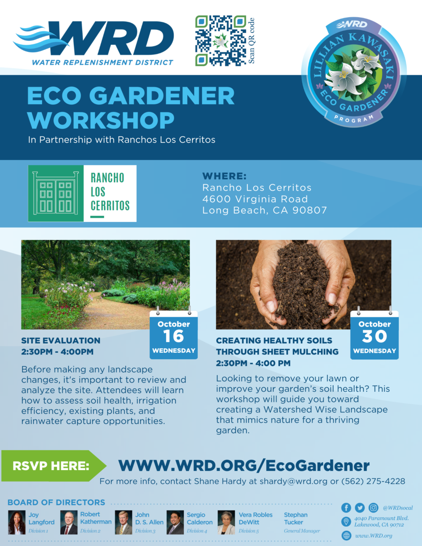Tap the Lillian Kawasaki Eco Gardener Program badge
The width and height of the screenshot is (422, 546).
pos(354,72)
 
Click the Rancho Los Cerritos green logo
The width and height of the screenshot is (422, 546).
pos(82,193)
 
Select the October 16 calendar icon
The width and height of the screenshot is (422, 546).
pos(174,333)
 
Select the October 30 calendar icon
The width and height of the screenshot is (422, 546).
pos(375,333)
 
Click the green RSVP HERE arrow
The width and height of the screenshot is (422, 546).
pos(54,466)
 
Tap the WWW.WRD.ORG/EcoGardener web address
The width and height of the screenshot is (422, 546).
pos(244,465)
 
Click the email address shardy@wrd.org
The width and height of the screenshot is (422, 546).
pos(293,481)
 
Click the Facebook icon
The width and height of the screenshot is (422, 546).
pos(346,508)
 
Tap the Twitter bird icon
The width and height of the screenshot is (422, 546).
pos(360,508)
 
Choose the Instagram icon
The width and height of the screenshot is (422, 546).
pos(373,508)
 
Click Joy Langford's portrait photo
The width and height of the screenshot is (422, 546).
pos(17,522)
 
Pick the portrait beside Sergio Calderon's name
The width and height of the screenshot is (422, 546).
pos(175,522)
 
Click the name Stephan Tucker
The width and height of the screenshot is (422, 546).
pos(296,518)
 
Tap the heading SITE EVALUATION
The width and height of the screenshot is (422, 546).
pos(61,340)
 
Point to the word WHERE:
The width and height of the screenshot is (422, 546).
pos(224,176)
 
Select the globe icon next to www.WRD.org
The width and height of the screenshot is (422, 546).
pos(346,535)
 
